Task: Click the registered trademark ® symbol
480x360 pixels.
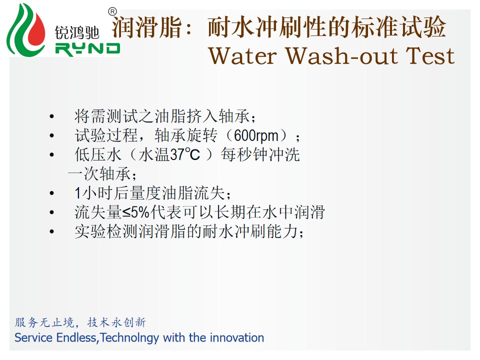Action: coord(112,12)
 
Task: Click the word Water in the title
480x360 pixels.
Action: coord(243,56)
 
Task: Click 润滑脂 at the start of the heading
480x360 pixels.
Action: coord(147,27)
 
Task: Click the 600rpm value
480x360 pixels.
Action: coord(256,136)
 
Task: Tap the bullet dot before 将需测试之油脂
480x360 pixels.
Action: coord(51,116)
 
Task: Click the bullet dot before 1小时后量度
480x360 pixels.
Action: coord(51,193)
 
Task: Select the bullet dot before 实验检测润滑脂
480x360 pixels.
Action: coord(51,231)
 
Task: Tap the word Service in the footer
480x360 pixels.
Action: coord(33,338)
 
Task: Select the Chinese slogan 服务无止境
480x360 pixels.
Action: coord(44,322)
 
